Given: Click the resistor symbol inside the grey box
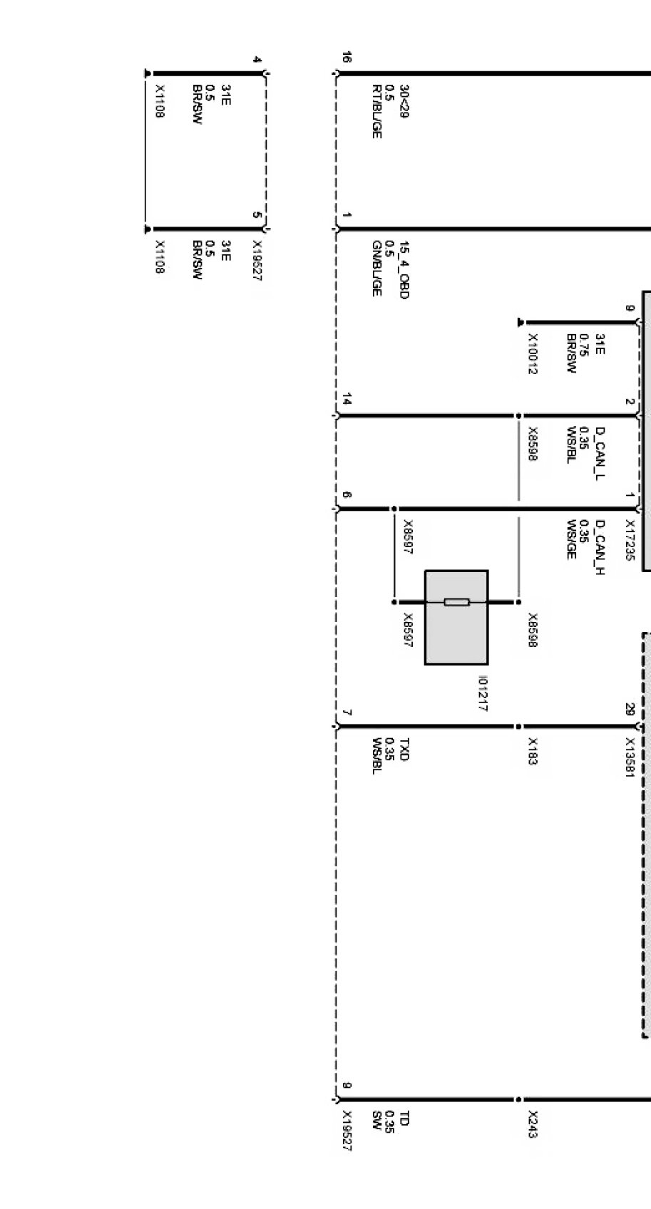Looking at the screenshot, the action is (456, 602).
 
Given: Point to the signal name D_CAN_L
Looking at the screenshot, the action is (600, 454).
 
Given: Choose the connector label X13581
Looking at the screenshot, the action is (629, 757).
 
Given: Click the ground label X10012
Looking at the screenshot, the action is (533, 353).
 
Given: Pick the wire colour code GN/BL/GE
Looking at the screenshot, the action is (376, 269).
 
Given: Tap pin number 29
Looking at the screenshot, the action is (629, 710).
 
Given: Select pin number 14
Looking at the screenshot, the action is (347, 401).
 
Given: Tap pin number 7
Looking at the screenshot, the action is (347, 712).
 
